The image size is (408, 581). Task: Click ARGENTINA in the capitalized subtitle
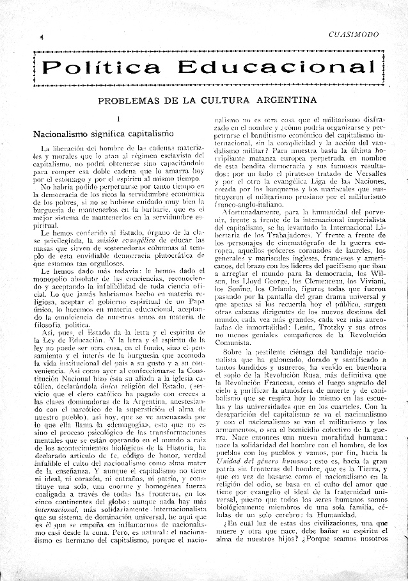click(x=283, y=100)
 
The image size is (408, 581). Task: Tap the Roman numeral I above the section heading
click(x=120, y=119)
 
